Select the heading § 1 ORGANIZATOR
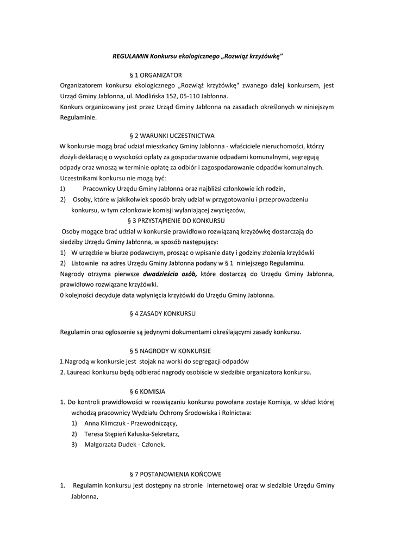click(155, 74)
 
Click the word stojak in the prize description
click(146, 361)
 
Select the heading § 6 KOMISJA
click(148, 391)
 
